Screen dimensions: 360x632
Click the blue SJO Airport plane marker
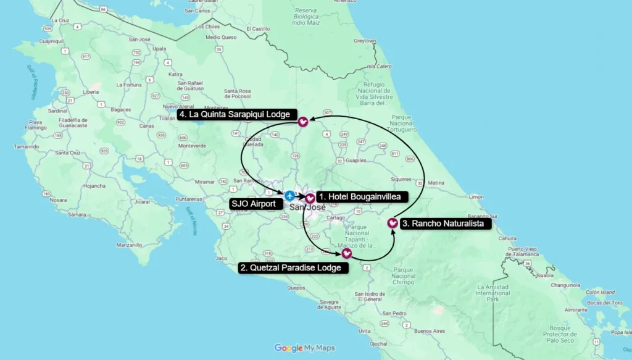(x=289, y=196)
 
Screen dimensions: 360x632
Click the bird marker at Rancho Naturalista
(x=392, y=223)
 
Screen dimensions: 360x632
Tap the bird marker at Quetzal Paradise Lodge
(x=346, y=253)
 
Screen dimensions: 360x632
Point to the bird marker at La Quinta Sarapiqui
(x=303, y=122)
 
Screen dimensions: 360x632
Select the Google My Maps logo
(x=305, y=348)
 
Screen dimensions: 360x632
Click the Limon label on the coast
(x=476, y=196)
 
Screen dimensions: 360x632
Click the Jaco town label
(x=222, y=258)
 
